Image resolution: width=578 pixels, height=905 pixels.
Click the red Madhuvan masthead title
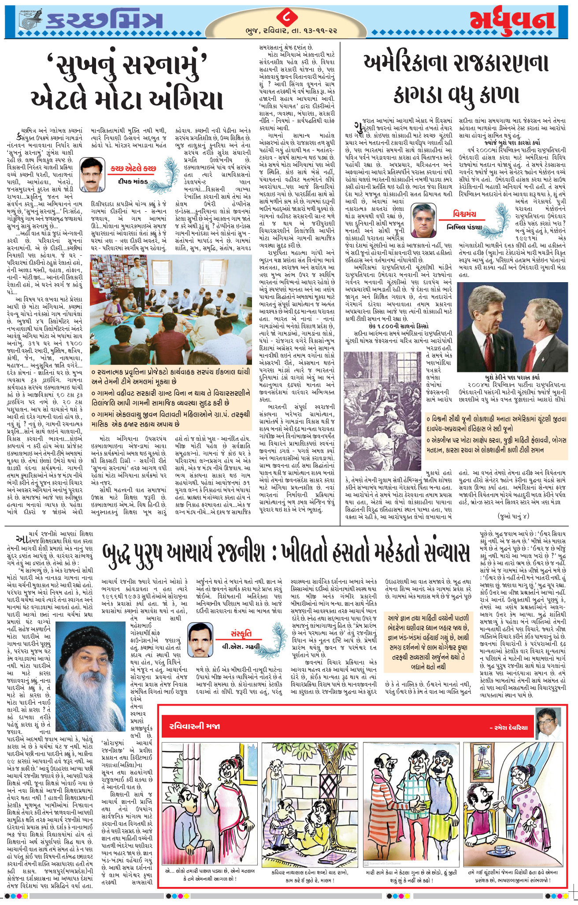click(511, 21)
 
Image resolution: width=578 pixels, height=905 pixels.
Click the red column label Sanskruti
click(241, 633)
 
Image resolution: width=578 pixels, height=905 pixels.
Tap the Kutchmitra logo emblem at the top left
click(31, 20)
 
